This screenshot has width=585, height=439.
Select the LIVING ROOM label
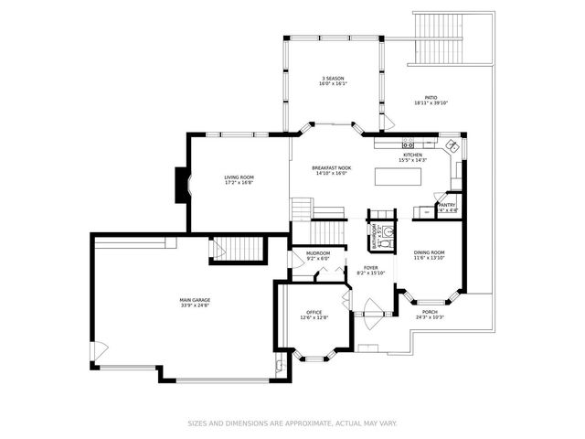click(239, 177)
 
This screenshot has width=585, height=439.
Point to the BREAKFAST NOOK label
click(331, 168)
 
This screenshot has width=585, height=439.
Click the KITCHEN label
click(413, 155)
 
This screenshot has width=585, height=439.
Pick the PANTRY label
click(447, 205)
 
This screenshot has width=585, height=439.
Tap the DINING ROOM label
click(429, 252)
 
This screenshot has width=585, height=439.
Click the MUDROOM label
click(318, 253)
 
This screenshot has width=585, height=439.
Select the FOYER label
click(370, 268)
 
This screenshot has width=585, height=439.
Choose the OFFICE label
click(314, 313)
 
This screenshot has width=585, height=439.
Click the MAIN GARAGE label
click(195, 300)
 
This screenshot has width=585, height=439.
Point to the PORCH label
click(429, 312)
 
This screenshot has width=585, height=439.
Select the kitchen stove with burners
click(408, 144)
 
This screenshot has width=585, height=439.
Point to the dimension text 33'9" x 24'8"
click(195, 306)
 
